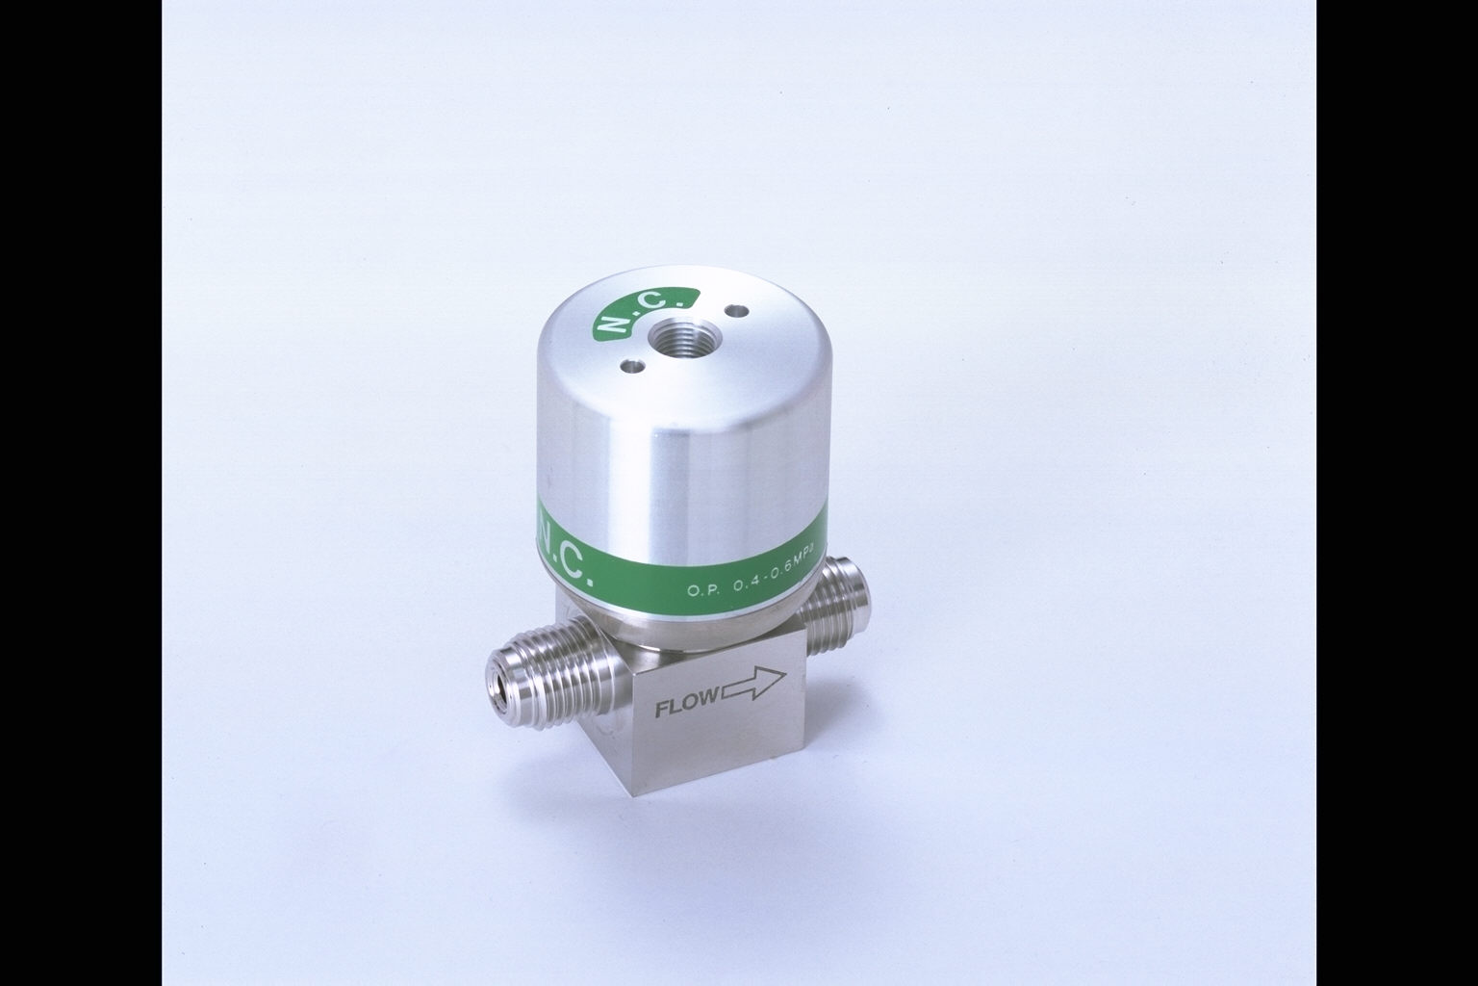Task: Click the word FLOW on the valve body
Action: click(688, 711)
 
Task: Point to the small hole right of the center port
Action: click(735, 310)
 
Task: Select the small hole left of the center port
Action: click(631, 363)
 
